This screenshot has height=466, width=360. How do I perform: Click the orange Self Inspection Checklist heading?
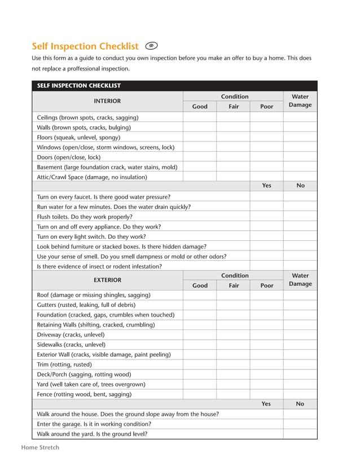click(85, 46)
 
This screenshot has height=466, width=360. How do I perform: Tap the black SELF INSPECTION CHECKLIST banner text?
click(79, 86)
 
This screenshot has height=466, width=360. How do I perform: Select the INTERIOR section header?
click(107, 101)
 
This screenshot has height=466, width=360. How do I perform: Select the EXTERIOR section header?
click(107, 280)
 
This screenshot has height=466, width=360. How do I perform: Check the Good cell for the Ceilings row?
click(200, 117)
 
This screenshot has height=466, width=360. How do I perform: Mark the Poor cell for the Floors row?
click(266, 137)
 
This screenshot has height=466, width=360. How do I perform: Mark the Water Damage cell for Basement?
click(300, 167)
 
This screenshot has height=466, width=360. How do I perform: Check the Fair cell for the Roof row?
click(233, 295)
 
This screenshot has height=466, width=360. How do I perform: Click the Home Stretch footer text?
click(40, 447)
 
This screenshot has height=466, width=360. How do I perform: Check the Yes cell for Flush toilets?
click(266, 217)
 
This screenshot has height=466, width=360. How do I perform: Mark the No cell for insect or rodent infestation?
click(300, 266)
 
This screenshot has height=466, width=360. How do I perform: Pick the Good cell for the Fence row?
click(200, 394)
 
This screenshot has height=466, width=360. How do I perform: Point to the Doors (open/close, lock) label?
click(68, 157)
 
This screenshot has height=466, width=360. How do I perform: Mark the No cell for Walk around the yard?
click(300, 434)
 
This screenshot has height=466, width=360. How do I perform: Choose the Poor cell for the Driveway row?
click(266, 335)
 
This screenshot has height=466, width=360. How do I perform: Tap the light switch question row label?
click(91, 236)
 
